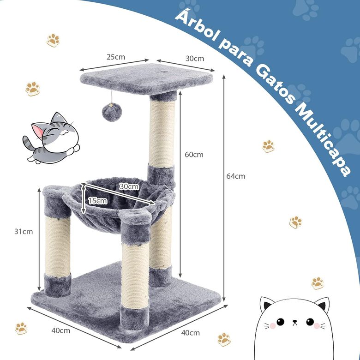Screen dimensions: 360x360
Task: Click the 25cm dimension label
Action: (x=116, y=57)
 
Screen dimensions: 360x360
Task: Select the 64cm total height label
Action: (x=236, y=176)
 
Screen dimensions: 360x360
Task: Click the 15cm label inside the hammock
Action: (x=97, y=200)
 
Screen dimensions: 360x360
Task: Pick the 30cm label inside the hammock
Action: (x=129, y=186)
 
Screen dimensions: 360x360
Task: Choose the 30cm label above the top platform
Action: (x=194, y=59)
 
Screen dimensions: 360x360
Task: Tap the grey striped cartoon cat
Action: (x=50, y=137)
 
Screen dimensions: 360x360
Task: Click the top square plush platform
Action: (x=147, y=78)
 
